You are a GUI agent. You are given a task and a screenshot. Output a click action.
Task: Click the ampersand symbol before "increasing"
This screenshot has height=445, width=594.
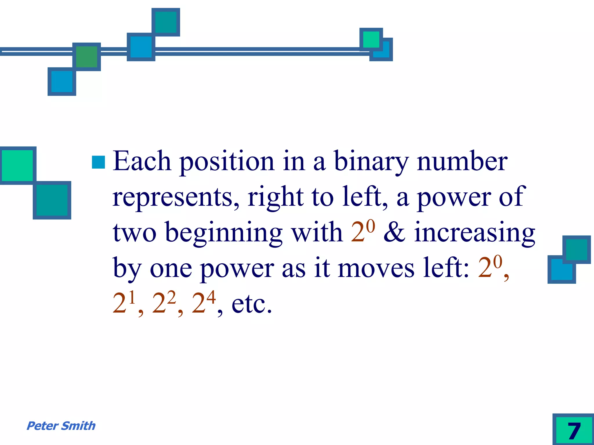tap(394, 232)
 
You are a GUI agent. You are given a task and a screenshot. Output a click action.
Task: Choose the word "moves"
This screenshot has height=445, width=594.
tap(376, 268)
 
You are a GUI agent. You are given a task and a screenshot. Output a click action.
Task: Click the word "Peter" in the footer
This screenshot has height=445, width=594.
tap(42, 426)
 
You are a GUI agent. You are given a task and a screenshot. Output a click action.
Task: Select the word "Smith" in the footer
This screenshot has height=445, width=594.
tap(78, 426)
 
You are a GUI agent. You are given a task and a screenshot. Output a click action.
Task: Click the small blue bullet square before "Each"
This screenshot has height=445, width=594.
tap(98, 162)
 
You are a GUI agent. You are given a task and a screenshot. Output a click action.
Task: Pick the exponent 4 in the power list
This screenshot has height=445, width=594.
tap(211, 297)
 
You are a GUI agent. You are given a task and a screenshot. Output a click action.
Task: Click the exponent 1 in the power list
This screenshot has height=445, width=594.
tap(132, 297)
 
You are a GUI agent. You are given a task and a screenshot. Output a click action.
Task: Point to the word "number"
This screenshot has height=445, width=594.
tap(462, 161)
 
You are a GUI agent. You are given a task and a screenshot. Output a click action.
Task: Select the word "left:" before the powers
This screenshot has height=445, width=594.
tap(446, 268)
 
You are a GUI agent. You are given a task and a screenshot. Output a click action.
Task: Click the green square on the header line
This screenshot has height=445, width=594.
tap(86, 57)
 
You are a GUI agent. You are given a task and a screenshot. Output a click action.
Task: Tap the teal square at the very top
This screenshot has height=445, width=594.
tap(166, 22)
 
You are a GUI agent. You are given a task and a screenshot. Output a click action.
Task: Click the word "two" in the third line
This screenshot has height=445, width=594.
tap(135, 233)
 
